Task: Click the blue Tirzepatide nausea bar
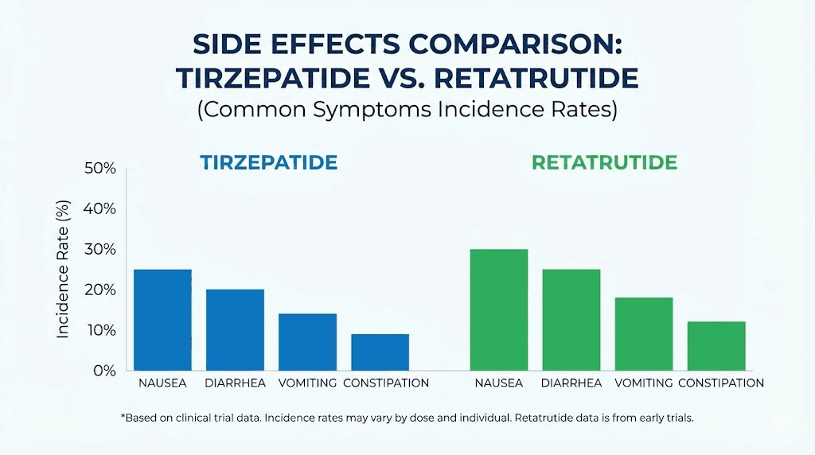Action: click(x=162, y=320)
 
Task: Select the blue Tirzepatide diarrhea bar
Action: click(x=235, y=329)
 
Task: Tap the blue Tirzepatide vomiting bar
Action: click(x=307, y=342)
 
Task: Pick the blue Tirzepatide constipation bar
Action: click(x=380, y=352)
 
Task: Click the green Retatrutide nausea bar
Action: click(x=499, y=309)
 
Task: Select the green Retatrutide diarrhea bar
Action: click(x=571, y=320)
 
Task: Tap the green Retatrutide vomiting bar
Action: click(x=644, y=334)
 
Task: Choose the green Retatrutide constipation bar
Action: click(x=716, y=346)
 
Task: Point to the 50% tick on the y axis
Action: click(x=99, y=169)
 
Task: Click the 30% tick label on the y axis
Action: click(x=99, y=250)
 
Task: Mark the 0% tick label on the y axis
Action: click(x=103, y=371)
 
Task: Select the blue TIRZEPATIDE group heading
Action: click(x=268, y=163)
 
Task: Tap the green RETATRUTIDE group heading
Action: click(x=604, y=163)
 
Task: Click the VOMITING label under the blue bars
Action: click(x=307, y=383)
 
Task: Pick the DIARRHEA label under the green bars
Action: click(x=571, y=383)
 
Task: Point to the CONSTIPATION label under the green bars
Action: click(x=720, y=383)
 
